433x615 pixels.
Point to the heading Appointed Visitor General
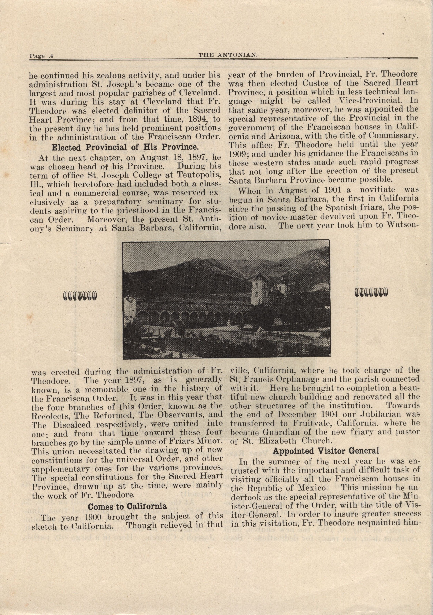click(x=326, y=451)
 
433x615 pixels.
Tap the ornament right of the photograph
click(x=371, y=293)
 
